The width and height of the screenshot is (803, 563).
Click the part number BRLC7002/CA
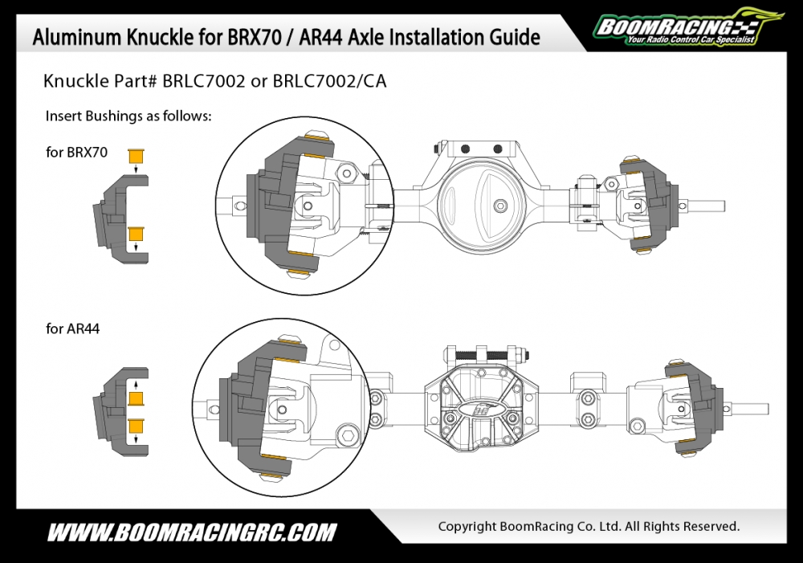[x=329, y=81]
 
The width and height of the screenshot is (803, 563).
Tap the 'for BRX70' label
[x=77, y=152]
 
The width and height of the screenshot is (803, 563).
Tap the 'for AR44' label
[x=73, y=328]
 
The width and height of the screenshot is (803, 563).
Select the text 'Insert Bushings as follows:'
[x=128, y=116]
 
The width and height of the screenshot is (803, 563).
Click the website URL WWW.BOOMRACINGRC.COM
[x=192, y=532]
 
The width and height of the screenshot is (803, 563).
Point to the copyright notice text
[x=589, y=526]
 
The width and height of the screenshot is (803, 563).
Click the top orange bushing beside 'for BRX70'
[x=136, y=156]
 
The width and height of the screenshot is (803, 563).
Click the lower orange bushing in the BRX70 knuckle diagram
[x=136, y=234]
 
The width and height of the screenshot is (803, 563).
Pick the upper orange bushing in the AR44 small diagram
[x=136, y=398]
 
